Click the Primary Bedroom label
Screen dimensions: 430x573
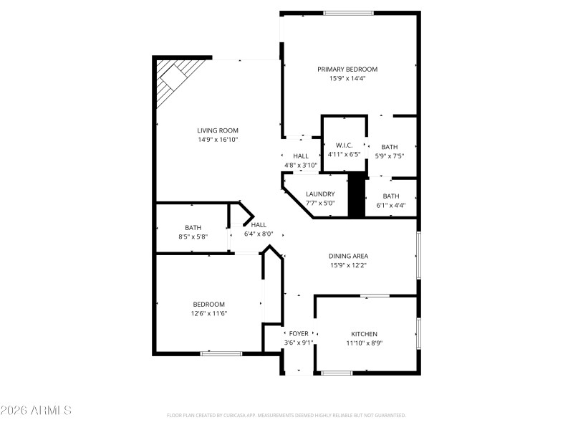coord(347,70)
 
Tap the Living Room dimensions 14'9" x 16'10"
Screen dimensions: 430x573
coord(217,140)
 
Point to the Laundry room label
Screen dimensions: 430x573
coord(320,194)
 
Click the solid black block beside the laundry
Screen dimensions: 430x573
coord(357,194)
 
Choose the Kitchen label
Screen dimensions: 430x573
coord(364,334)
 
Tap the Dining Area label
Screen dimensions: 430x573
coord(348,256)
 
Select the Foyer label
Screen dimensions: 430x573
coord(299,334)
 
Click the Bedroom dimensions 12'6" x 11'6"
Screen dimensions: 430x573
coord(208,313)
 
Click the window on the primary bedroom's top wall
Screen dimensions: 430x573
coord(348,12)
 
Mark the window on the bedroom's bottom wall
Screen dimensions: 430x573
coord(221,353)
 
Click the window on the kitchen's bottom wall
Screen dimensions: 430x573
coord(337,373)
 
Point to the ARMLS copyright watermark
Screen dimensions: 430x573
coord(36,411)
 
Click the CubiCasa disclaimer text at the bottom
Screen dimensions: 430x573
coord(286,415)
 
